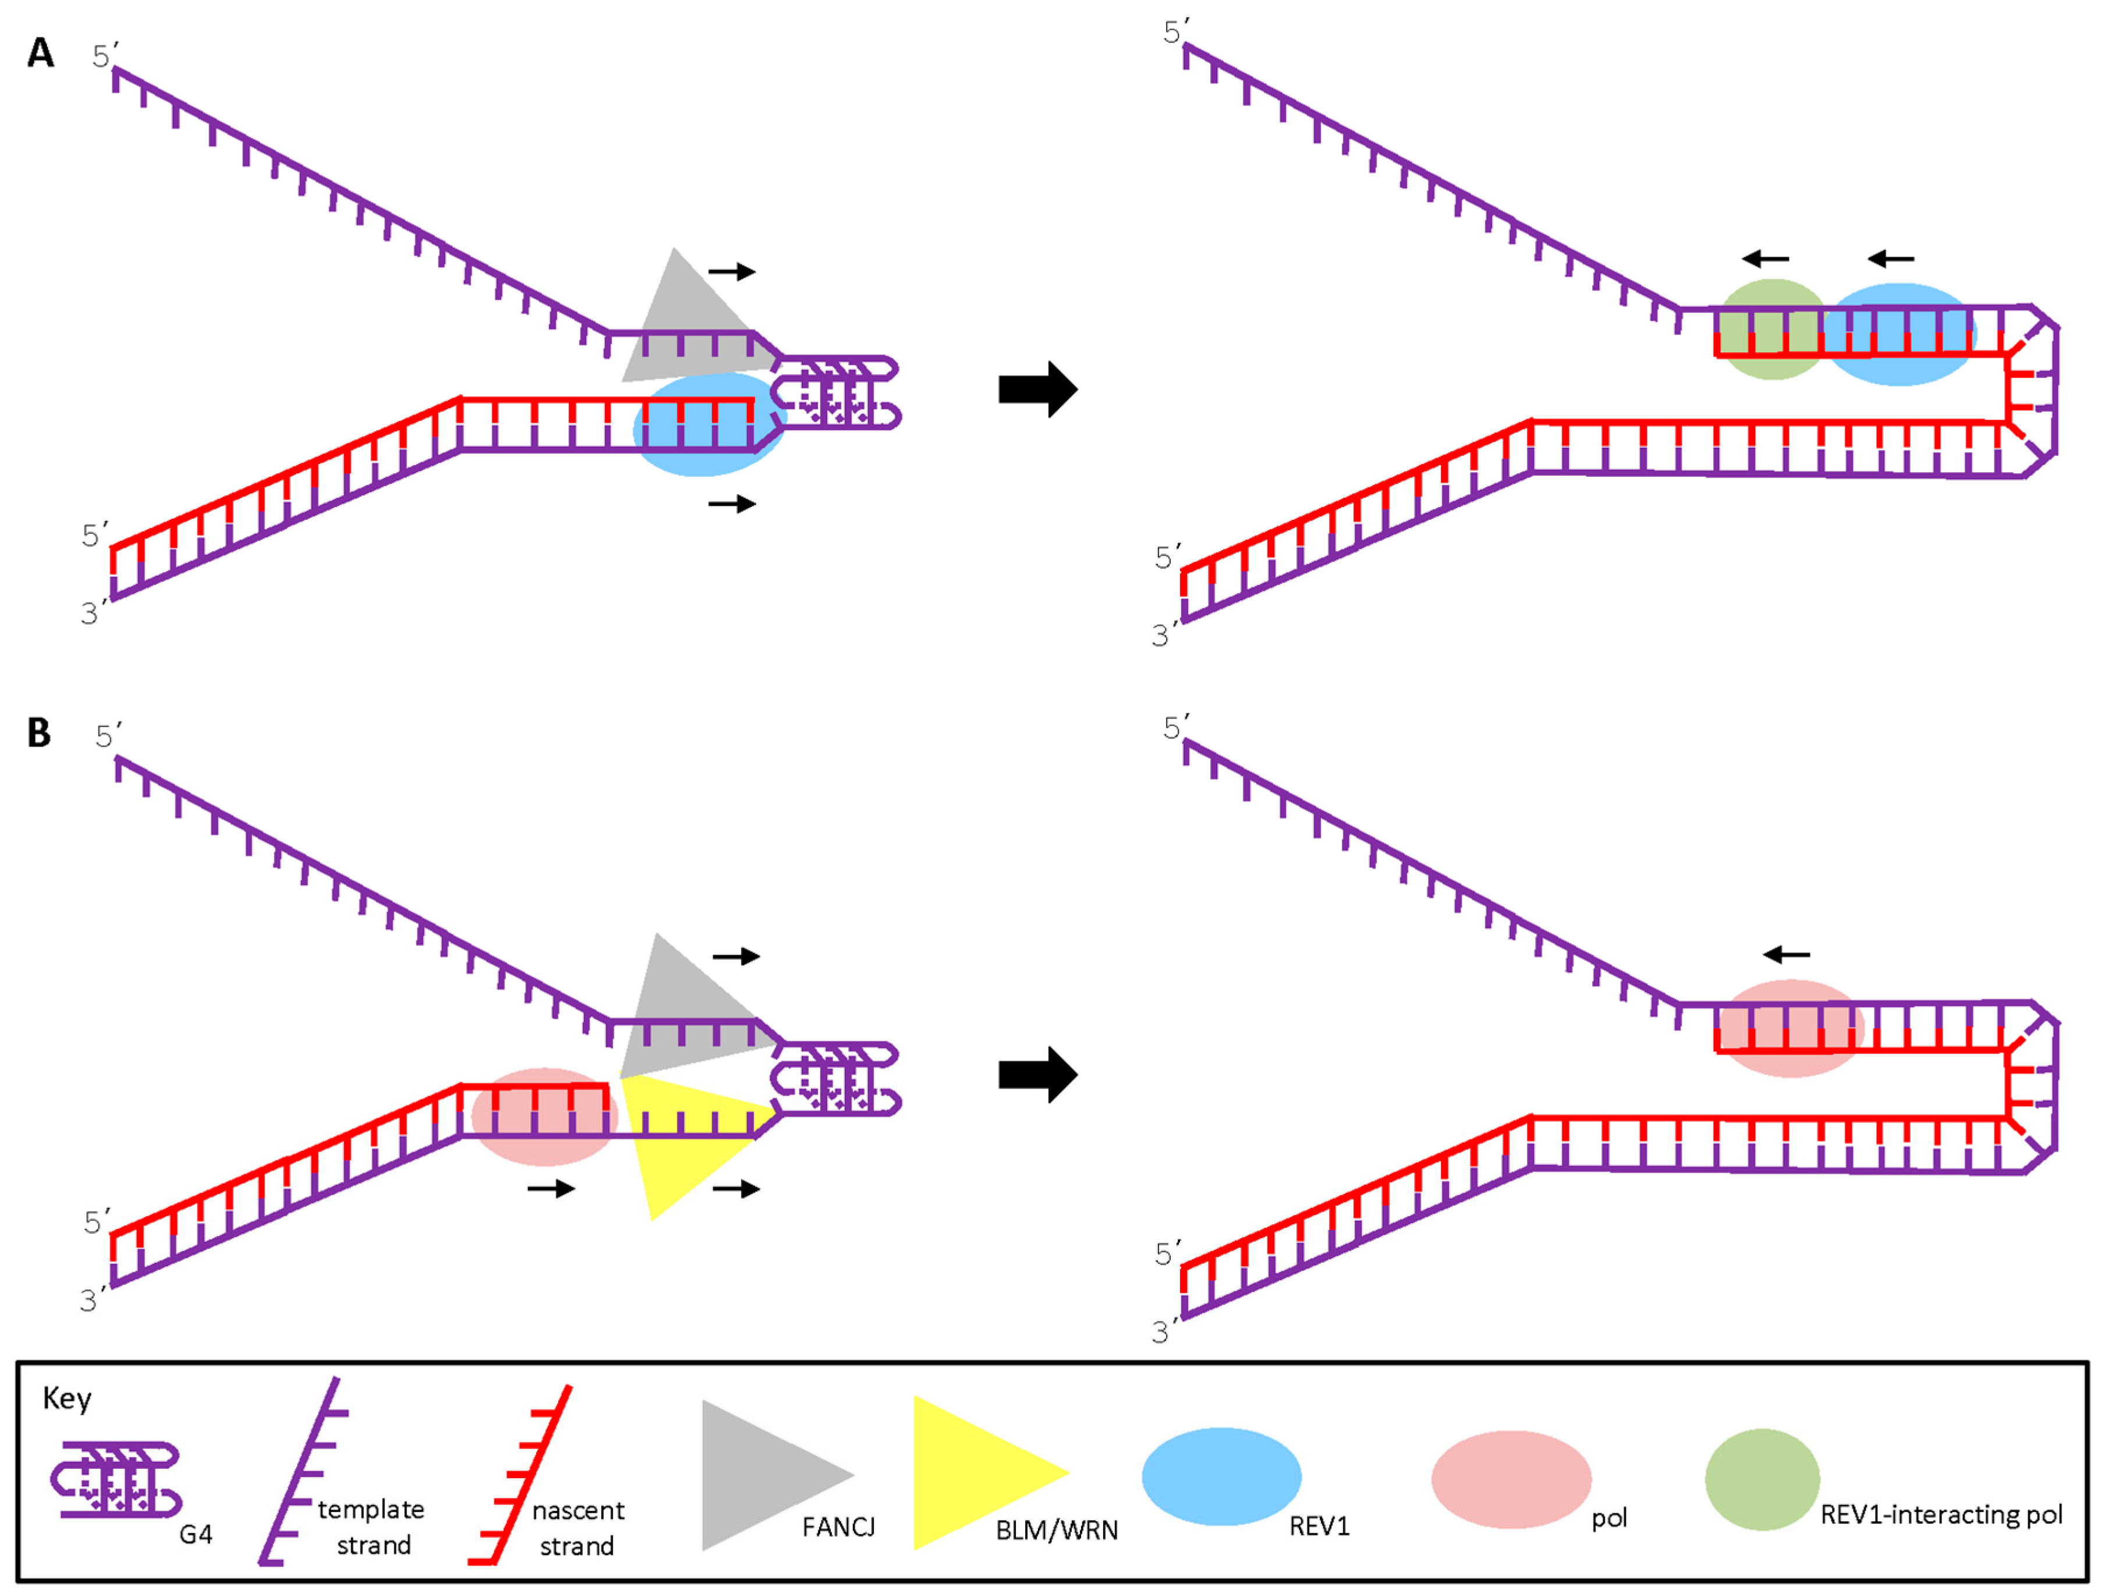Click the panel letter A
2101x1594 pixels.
[x=41, y=53]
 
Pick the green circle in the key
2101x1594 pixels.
[x=1762, y=1479]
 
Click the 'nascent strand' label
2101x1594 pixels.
[x=577, y=1528]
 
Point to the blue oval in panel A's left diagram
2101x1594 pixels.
[x=708, y=424]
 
